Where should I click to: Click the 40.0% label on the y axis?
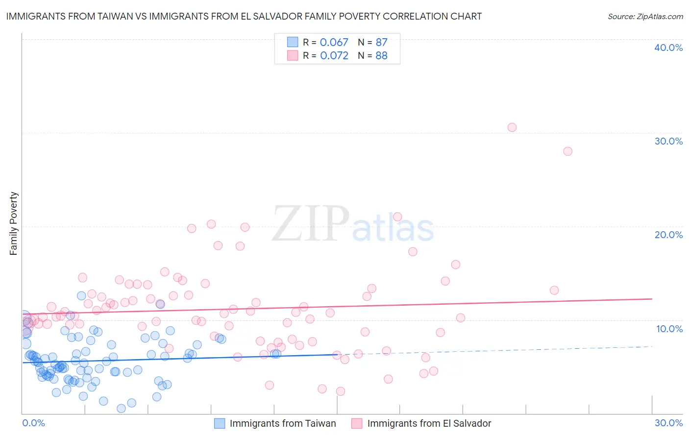[x=668, y=48]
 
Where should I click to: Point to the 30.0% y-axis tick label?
[x=668, y=141]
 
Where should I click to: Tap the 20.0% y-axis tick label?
[x=668, y=235]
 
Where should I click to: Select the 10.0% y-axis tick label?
[x=669, y=329]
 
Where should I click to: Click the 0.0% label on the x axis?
[x=33, y=423]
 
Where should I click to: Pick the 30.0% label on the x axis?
[x=668, y=423]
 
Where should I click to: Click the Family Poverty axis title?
[x=14, y=223]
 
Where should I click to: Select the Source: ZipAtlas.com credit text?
[x=645, y=16]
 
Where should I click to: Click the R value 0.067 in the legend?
[x=334, y=42]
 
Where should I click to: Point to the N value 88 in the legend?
[x=381, y=55]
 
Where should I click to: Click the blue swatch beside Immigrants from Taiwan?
[x=220, y=423]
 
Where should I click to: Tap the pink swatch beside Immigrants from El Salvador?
[x=357, y=423]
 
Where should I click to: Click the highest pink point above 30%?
[x=512, y=127]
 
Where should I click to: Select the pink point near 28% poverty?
[x=567, y=151]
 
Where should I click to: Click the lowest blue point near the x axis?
[x=121, y=408]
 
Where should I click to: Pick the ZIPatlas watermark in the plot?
[x=353, y=224]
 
